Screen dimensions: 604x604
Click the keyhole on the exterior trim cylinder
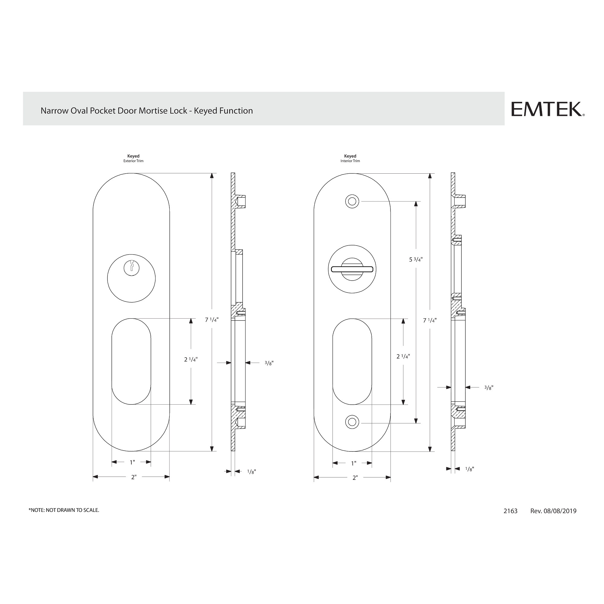[x=131, y=268]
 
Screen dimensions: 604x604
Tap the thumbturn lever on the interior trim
[x=352, y=269]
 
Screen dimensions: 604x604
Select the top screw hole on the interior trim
[x=352, y=201]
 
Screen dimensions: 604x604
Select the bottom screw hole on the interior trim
[x=352, y=422]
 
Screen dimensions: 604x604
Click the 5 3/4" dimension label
[x=416, y=259]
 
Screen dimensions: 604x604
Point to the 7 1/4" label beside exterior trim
[x=212, y=320]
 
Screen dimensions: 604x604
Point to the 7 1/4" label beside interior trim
[x=429, y=320]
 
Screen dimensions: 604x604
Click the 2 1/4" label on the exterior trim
[x=191, y=359]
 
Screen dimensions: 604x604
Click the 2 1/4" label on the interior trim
[x=403, y=356]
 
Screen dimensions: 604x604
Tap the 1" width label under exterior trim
[x=132, y=462]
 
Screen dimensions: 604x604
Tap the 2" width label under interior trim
[x=355, y=478]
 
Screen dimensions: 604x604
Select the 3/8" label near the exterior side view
[x=269, y=363]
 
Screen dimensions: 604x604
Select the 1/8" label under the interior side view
[x=469, y=469]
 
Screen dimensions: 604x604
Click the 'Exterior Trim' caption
[x=133, y=161]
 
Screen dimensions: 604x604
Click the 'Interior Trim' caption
[x=350, y=161]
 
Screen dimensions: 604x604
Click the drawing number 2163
[x=510, y=511]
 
